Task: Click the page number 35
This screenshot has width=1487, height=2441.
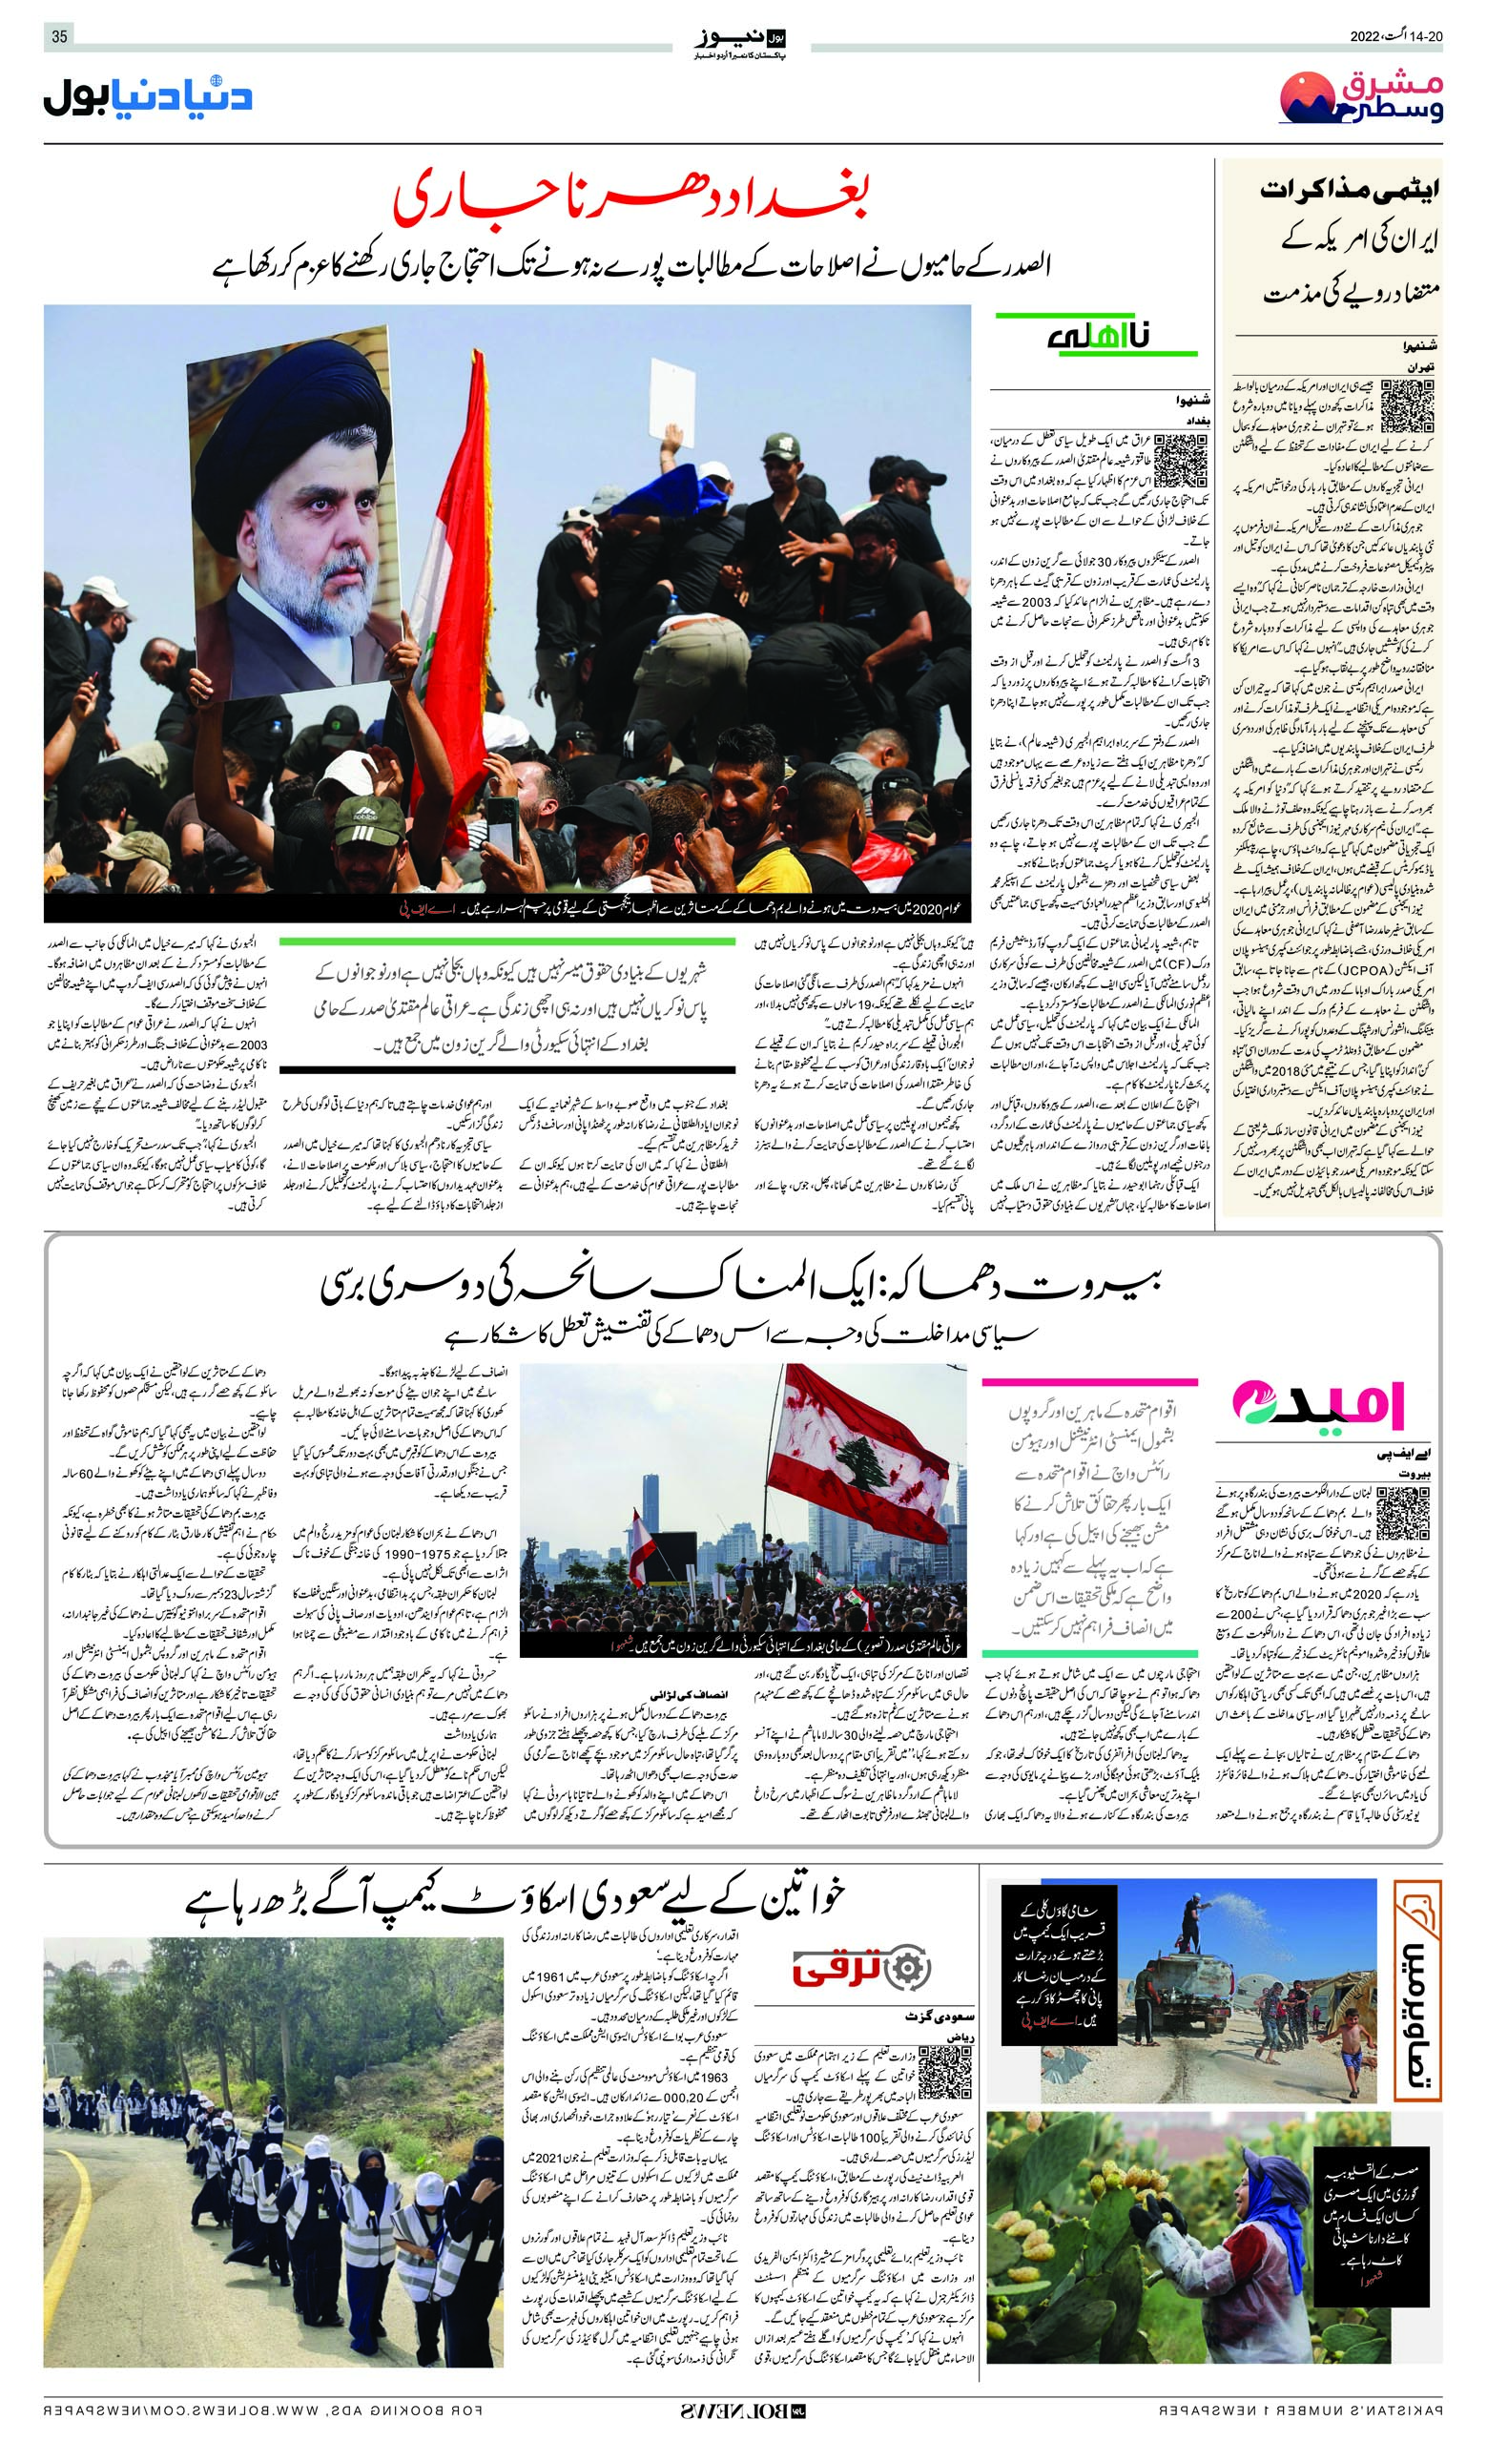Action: click(59, 36)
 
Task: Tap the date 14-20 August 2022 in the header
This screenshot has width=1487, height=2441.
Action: click(1395, 36)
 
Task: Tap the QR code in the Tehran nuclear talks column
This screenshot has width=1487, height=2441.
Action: click(1406, 406)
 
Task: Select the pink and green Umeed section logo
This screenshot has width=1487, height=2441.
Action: click(1317, 1404)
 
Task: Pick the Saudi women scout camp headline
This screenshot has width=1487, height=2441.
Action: click(515, 1898)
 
